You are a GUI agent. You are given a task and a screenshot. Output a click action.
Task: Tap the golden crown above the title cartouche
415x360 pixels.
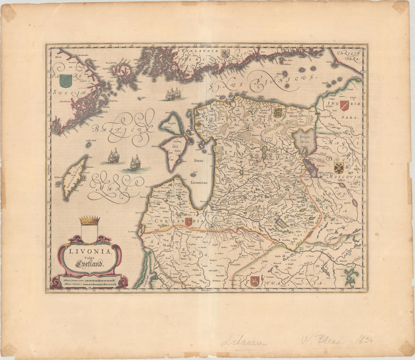89,220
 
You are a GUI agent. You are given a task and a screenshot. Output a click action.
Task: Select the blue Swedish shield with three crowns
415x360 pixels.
66,80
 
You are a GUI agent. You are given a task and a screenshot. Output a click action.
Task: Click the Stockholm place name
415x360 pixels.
64,101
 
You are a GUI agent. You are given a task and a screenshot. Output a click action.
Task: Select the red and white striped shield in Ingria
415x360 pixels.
344,105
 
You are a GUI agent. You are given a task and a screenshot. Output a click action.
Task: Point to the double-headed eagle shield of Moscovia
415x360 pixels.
339,168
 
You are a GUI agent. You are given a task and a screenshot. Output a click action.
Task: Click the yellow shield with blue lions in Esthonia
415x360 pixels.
278,112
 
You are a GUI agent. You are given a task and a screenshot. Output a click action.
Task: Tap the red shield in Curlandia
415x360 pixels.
188,222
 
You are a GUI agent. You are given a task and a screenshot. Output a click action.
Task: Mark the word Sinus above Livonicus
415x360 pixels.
198,160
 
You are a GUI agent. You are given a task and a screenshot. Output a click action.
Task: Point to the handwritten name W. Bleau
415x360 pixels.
323,340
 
